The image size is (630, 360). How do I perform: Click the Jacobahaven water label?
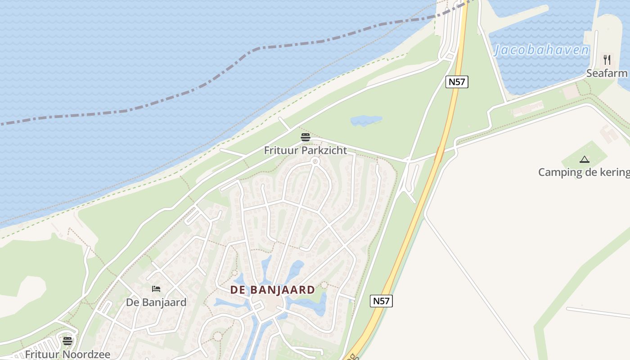tap(541, 50)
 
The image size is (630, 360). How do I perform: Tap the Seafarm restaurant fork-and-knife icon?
tap(607, 59)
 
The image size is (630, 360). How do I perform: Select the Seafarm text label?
tap(607, 73)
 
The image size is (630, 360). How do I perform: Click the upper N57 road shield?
tap(457, 81)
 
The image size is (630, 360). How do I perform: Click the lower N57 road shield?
tap(381, 301)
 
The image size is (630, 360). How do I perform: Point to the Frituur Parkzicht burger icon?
tap(306, 137)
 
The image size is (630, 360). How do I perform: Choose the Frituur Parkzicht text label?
tap(305, 150)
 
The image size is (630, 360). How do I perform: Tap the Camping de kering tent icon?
tap(584, 159)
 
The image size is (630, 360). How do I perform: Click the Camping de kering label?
tap(584, 172)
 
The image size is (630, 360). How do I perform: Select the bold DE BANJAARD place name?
tap(273, 290)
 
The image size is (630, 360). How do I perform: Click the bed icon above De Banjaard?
tap(156, 289)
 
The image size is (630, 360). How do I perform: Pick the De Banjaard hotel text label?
tap(156, 302)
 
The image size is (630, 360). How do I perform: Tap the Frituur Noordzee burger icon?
tap(67, 341)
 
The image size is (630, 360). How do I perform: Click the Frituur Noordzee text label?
tap(67, 354)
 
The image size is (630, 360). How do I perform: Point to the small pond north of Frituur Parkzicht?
tap(366, 120)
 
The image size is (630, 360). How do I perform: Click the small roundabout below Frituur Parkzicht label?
tap(315, 161)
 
